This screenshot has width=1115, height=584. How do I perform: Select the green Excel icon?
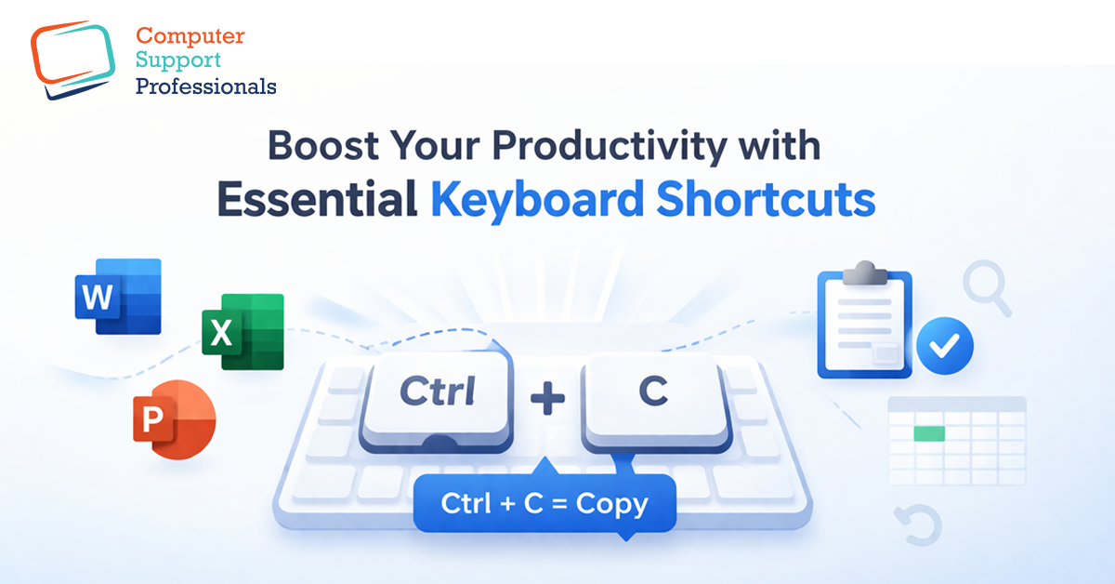click(243, 332)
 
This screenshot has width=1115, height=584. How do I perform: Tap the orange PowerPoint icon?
click(174, 423)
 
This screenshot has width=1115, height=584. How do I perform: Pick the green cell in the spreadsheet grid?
click(929, 433)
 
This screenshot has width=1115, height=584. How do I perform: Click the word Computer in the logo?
click(190, 37)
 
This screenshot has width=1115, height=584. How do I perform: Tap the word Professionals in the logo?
click(205, 87)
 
